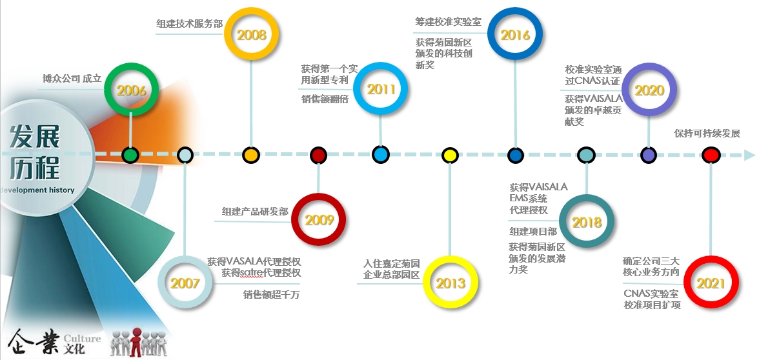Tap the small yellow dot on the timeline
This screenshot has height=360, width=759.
point(450,155)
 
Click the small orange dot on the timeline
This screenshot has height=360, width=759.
point(250,155)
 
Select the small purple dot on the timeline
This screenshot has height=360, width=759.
point(648,155)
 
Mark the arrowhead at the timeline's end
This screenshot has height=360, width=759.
point(749,155)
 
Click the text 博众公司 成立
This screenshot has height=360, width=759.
point(72,79)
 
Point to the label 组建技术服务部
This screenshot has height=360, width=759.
point(189,24)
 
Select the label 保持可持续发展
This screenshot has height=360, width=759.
point(707,134)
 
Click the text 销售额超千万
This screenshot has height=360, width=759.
point(271,294)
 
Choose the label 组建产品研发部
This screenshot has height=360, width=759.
point(255,212)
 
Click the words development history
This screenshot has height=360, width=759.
point(37,190)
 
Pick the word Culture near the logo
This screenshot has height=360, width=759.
point(83,338)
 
